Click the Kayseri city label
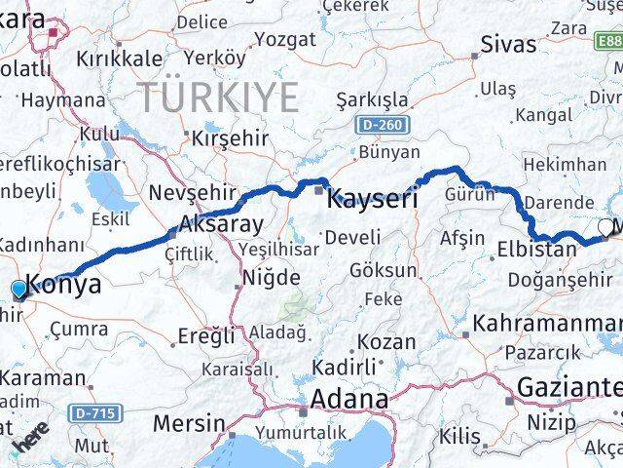373,200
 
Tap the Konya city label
64,285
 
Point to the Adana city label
348,400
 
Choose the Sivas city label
509,44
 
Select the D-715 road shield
96,414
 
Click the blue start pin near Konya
18,289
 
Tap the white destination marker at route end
605,227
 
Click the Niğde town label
271,278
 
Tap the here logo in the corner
29,444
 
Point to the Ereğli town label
206,336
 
